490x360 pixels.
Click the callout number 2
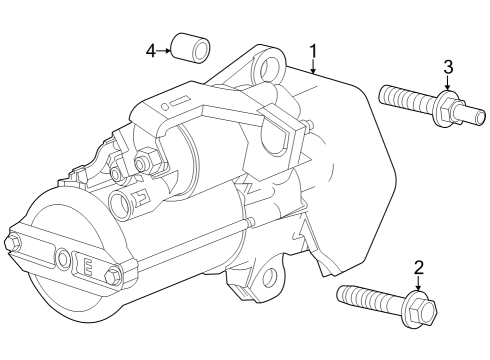(x=419, y=267)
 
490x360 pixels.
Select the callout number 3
(x=448, y=67)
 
